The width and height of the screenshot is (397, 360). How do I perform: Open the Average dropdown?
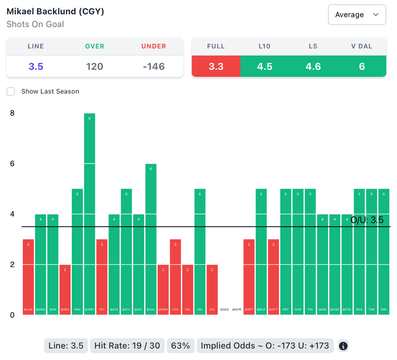(357, 15)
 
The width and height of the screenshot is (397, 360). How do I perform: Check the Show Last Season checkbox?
(11, 91)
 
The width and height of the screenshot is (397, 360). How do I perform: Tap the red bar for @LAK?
(28, 277)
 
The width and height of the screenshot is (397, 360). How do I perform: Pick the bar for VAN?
(77, 252)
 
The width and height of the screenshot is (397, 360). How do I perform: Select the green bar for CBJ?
(200, 252)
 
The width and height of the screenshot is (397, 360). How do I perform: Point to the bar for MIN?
(384, 252)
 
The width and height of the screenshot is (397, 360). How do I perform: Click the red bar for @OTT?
(273, 277)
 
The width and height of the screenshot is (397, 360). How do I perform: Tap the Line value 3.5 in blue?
(36, 66)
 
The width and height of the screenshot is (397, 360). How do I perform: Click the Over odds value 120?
(95, 66)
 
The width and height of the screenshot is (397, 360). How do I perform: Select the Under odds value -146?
(154, 66)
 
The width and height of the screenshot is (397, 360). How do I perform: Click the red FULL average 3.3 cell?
(216, 66)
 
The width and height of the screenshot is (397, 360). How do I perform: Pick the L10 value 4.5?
(264, 66)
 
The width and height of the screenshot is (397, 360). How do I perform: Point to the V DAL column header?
(362, 46)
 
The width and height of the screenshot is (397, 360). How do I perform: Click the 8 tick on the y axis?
(12, 113)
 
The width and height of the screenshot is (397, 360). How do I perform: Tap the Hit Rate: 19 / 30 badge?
(127, 346)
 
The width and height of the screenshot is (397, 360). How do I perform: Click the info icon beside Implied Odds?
(343, 346)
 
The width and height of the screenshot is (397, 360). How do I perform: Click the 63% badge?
(181, 346)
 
